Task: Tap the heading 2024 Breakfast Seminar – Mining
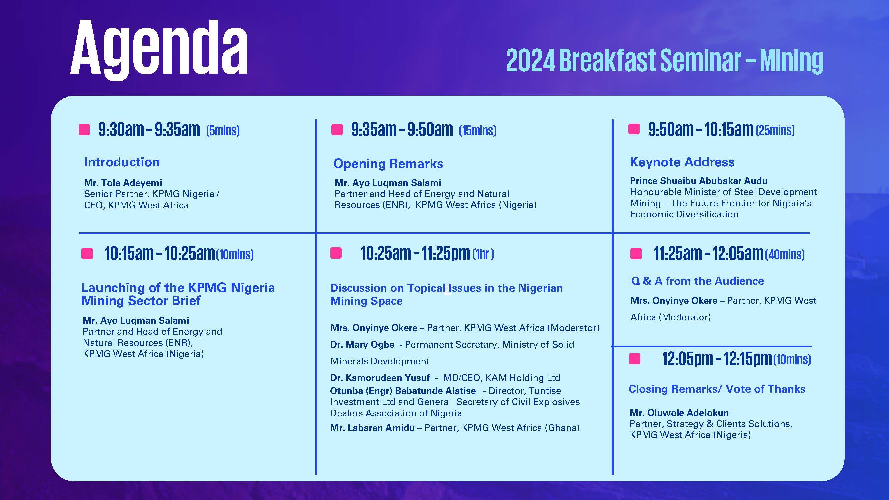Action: tap(664, 61)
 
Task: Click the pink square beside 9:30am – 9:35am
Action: tap(84, 130)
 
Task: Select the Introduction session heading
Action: tap(122, 162)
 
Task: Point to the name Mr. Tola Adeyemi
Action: tap(123, 183)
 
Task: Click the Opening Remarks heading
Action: tap(388, 164)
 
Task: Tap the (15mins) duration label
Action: tap(478, 130)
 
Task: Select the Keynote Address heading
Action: tap(682, 162)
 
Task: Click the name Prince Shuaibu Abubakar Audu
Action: tap(699, 181)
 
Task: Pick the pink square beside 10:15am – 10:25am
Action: tap(87, 254)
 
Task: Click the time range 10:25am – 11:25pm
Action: tap(415, 254)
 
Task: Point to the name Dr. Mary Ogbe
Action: tap(362, 344)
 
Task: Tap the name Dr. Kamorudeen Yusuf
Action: tap(380, 378)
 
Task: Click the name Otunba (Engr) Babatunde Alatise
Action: tap(403, 391)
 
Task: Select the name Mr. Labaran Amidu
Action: tap(372, 428)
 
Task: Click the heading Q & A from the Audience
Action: tap(697, 281)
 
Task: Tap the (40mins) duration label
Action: tap(785, 255)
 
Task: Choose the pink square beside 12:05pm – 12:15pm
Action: tap(635, 359)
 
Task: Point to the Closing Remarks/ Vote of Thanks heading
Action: tap(717, 389)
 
